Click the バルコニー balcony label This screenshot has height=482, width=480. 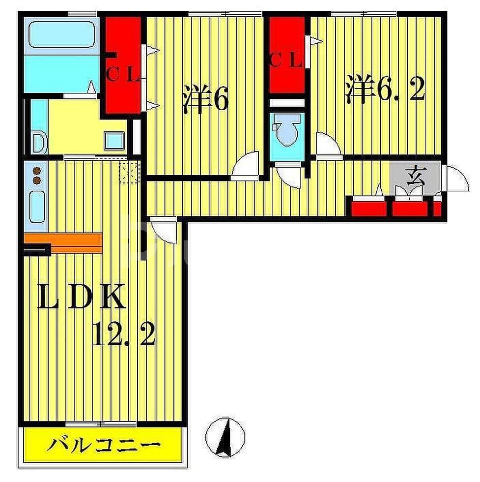click(x=104, y=446)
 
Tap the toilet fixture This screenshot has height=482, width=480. click(x=286, y=130)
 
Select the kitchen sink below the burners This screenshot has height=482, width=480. click(x=37, y=207)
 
